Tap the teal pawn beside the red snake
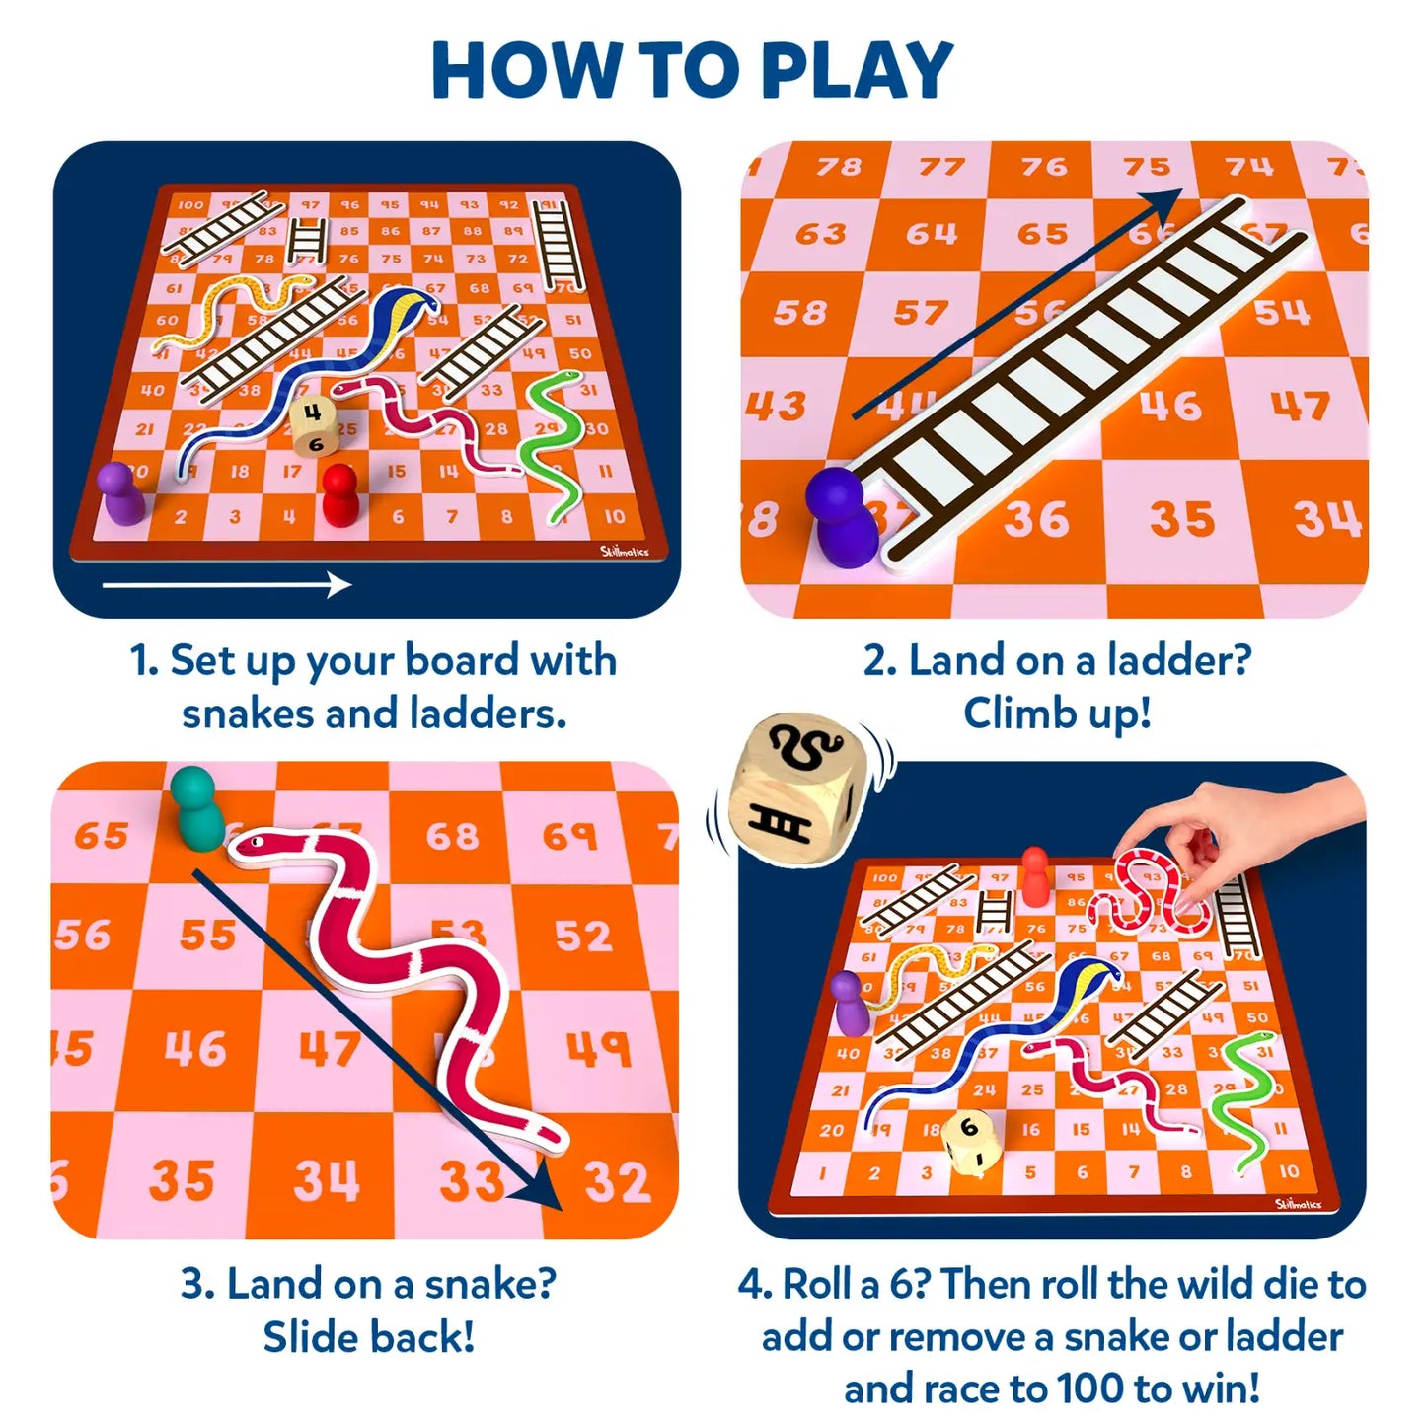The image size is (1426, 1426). pyautogui.click(x=195, y=808)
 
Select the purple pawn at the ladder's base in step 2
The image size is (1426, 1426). pyautogui.click(x=841, y=517)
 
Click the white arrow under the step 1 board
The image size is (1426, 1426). pyautogui.click(x=227, y=585)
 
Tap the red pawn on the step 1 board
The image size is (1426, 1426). pyautogui.click(x=340, y=494)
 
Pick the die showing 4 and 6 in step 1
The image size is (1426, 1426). pyautogui.click(x=313, y=425)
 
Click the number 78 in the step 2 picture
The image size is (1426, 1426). pyautogui.click(x=838, y=167)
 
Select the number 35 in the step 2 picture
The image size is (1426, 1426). pyautogui.click(x=1181, y=519)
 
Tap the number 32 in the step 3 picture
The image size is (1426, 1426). pyautogui.click(x=617, y=1181)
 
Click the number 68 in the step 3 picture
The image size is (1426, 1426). pyautogui.click(x=452, y=836)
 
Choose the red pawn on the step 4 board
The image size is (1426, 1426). pyautogui.click(x=1034, y=875)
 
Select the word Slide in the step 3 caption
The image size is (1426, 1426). pyautogui.click(x=310, y=1337)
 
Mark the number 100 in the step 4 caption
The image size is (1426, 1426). pyautogui.click(x=1091, y=1388)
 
